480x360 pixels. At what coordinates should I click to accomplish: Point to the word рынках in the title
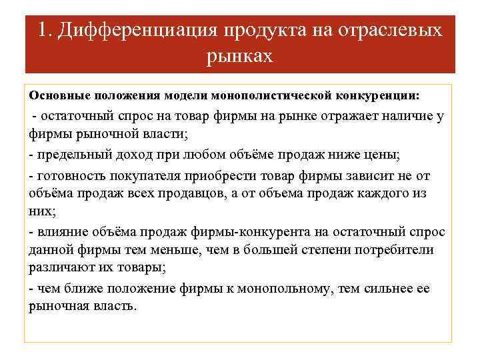tap(240, 56)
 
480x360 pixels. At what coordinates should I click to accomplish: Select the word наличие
tap(399, 118)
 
